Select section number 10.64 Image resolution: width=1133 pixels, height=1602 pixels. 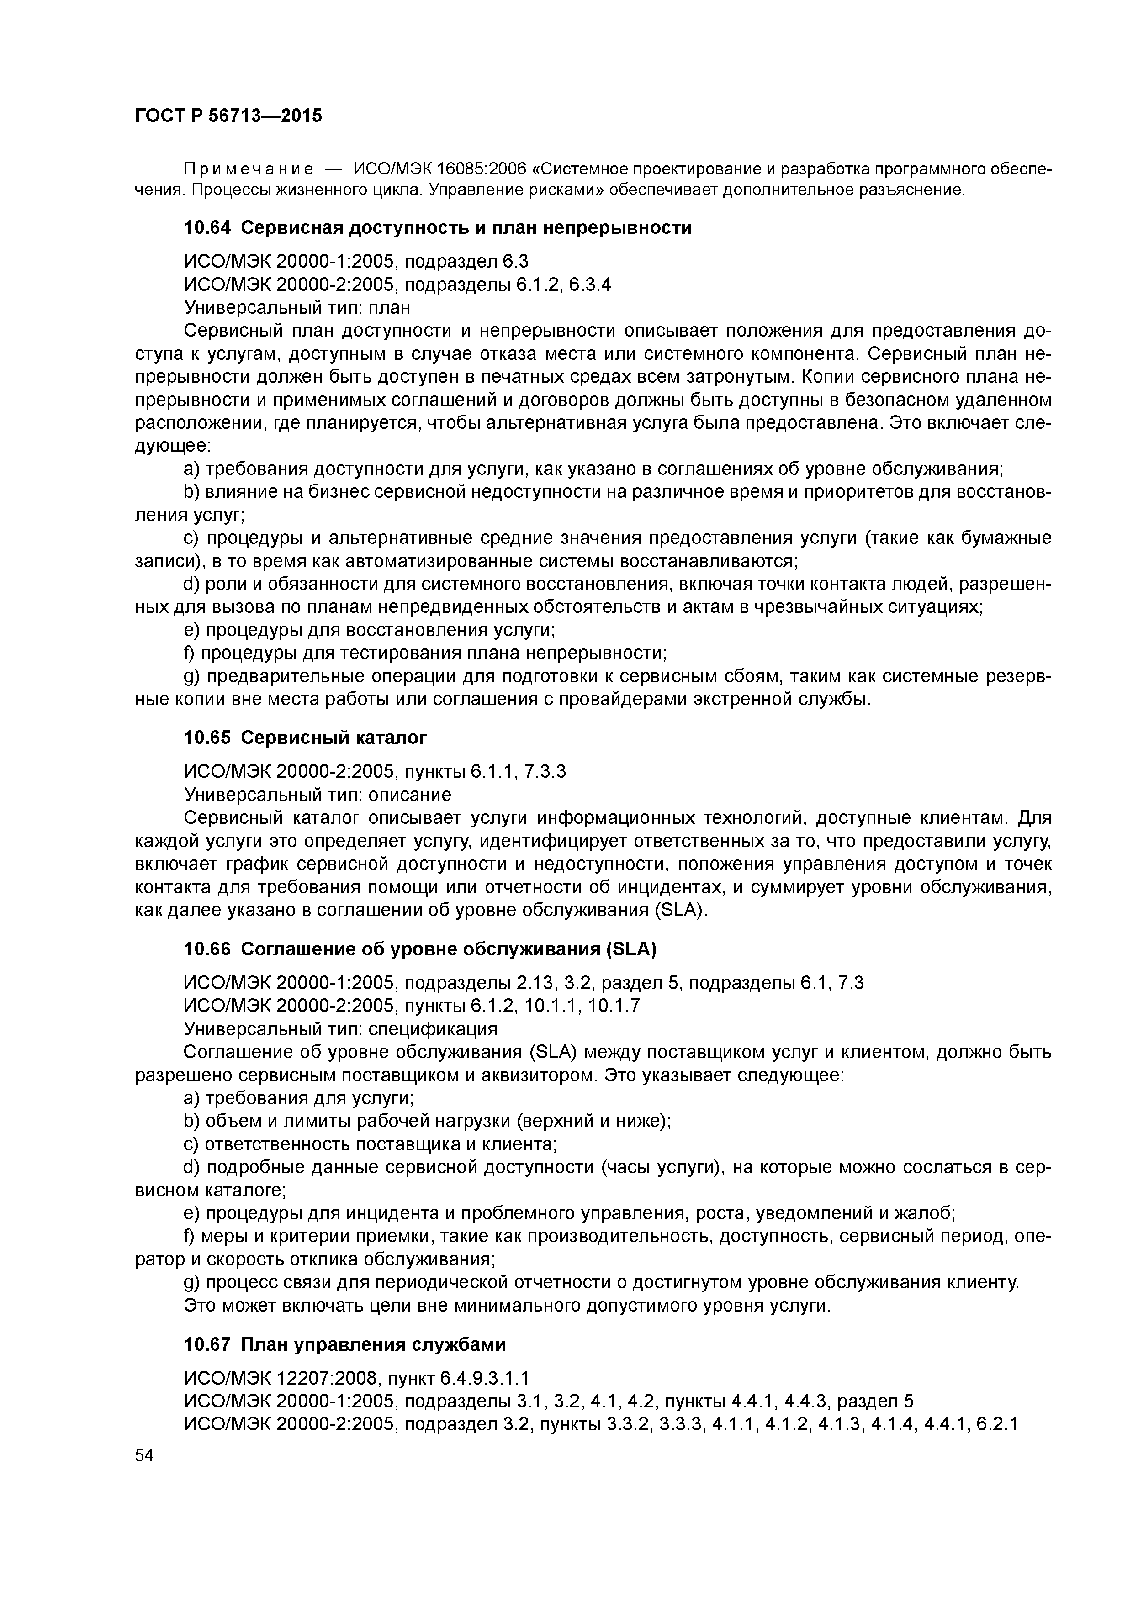pyautogui.click(x=206, y=228)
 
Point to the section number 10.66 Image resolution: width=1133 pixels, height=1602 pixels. pyautogui.click(x=206, y=949)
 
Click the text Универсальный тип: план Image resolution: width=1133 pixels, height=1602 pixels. pyautogui.click(x=296, y=308)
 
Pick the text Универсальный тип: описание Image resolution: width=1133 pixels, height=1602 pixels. pyautogui.click(x=317, y=795)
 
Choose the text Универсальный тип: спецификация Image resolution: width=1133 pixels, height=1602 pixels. pyautogui.click(x=340, y=1029)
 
